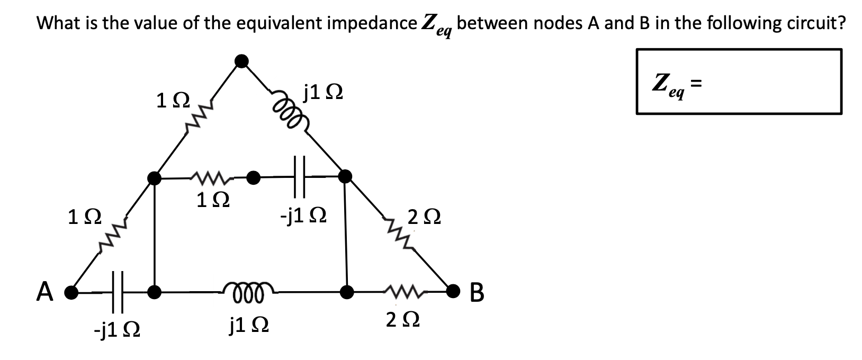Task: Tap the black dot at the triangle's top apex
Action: pos(241,61)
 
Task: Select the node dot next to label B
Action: pos(453,290)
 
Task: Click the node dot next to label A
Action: pos(69,291)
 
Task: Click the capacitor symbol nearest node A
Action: pos(117,291)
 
